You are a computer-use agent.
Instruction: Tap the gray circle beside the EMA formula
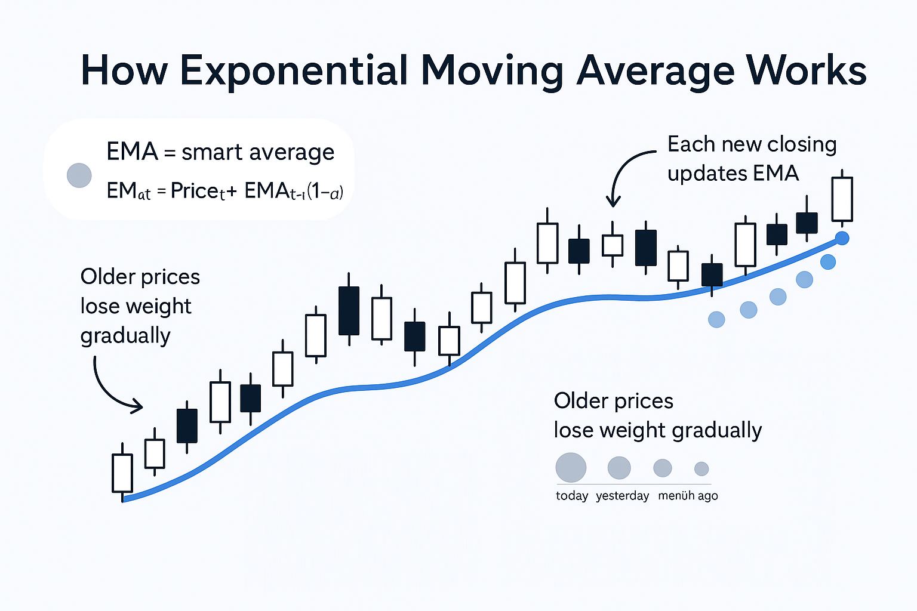(79, 175)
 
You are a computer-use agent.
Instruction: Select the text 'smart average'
(257, 152)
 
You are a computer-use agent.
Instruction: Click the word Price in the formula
(193, 191)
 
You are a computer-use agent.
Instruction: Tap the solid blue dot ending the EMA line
(842, 239)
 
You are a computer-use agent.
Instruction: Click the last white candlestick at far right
(842, 199)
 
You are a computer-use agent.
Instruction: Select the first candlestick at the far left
(122, 473)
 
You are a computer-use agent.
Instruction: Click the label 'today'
(572, 496)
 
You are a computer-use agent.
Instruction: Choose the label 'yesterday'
(622, 496)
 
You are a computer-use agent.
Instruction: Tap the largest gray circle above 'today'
(571, 467)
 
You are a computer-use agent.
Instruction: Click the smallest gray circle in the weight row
(701, 468)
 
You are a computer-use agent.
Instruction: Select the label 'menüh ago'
(688, 496)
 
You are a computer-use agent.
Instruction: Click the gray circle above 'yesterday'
(619, 468)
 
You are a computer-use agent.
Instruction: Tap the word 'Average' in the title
(656, 70)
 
